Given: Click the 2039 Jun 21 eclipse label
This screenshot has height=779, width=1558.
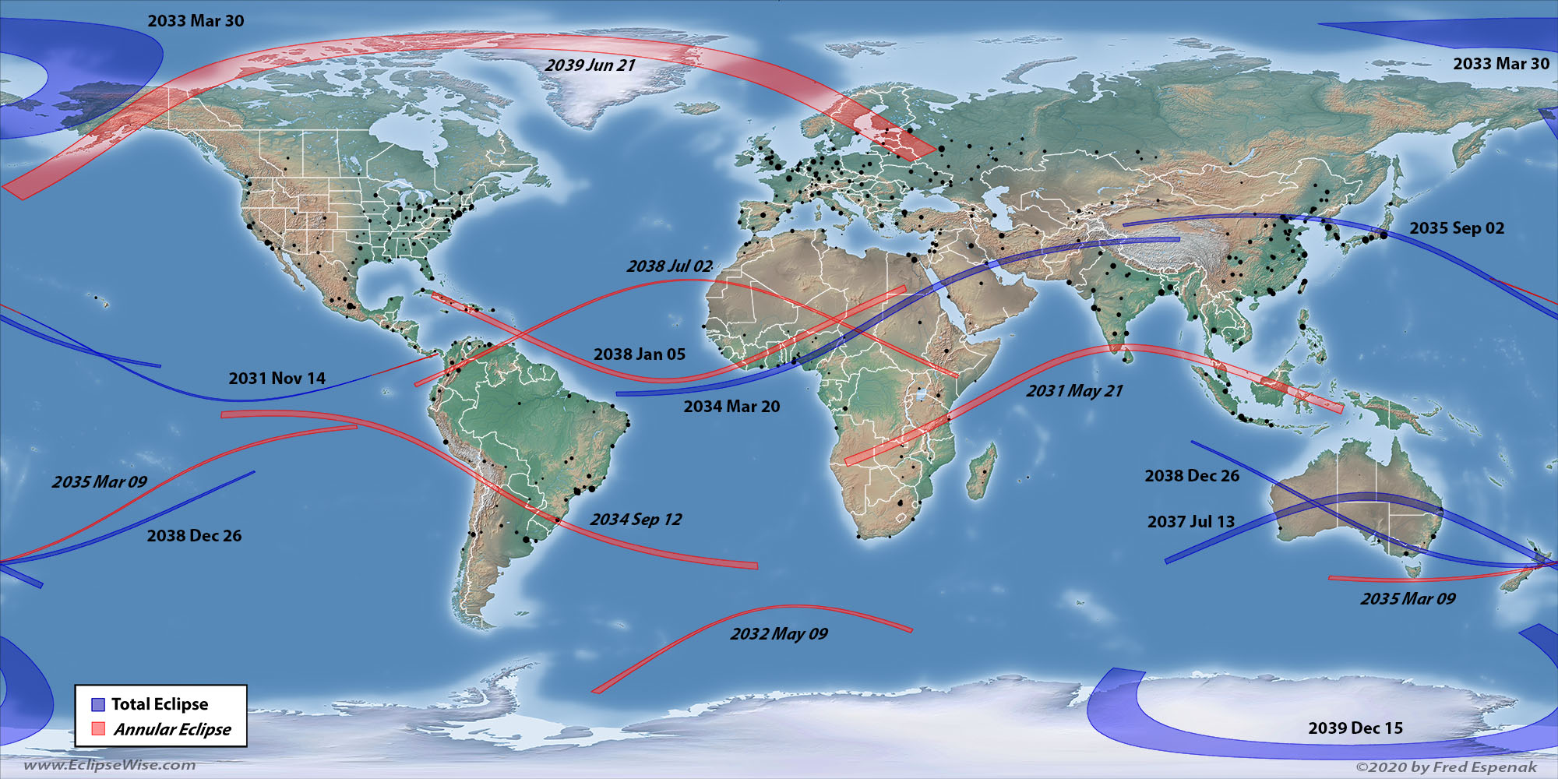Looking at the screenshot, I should (590, 65).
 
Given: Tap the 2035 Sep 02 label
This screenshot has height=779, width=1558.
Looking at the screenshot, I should (1457, 228).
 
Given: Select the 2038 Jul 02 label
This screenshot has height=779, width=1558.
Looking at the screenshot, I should (669, 266).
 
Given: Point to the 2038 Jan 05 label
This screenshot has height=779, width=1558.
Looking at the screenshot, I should (640, 354).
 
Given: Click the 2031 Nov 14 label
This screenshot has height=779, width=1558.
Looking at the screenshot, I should (277, 379).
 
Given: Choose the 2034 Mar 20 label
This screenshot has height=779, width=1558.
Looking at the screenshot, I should (731, 407).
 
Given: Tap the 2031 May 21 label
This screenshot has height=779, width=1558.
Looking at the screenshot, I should (1074, 391).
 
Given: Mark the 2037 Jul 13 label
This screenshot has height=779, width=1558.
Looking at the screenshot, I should (1190, 522).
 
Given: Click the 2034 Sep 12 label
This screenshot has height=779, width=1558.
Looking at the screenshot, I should (636, 520).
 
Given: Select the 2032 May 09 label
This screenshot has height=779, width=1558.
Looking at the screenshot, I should (779, 634).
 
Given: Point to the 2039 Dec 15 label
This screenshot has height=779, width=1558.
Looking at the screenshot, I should (1355, 728).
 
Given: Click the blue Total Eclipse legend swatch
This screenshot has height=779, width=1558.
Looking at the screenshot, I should (98, 704).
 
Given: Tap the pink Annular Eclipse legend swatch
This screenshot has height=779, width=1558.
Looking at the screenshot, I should (98, 729).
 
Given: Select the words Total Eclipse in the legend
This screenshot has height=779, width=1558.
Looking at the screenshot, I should (160, 704).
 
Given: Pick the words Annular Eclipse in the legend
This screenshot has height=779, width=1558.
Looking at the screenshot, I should (172, 729).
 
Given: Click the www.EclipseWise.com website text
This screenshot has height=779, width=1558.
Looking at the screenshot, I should (110, 765).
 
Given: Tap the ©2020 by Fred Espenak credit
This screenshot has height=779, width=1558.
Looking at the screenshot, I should (1447, 767).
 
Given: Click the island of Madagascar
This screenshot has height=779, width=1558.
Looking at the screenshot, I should (982, 471).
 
